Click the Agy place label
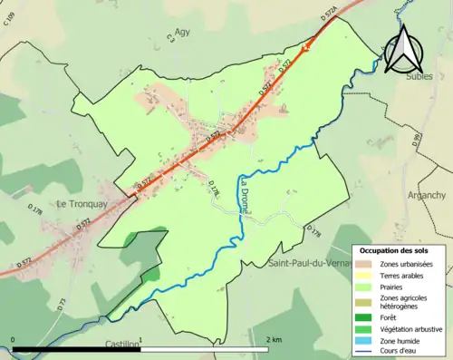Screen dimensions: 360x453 185,30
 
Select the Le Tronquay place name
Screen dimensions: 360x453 82,204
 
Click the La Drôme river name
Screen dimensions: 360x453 245,196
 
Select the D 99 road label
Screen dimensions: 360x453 416,141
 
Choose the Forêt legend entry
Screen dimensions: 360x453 391,316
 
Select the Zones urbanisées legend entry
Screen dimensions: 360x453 406,264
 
